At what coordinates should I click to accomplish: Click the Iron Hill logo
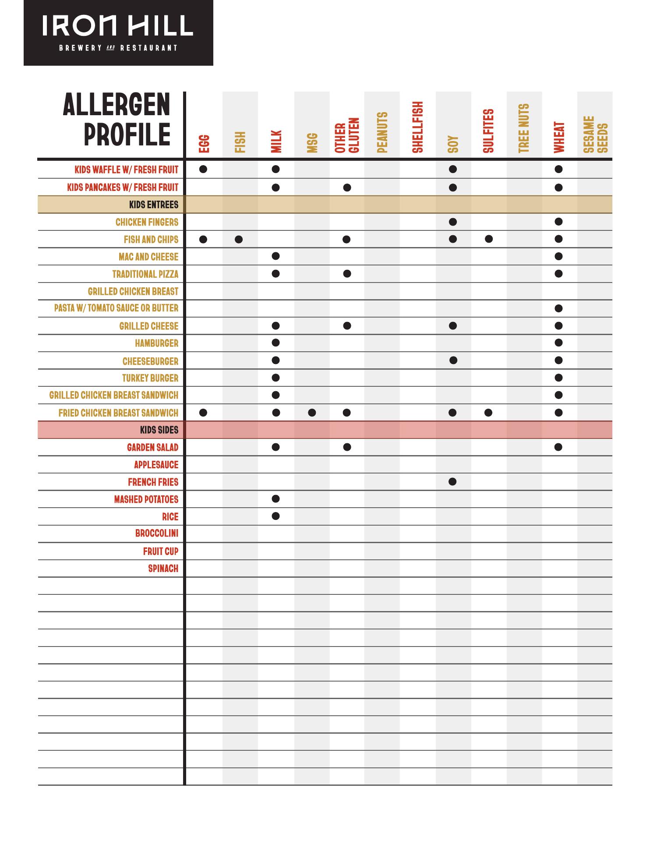click(118, 32)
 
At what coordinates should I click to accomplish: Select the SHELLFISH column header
click(418, 127)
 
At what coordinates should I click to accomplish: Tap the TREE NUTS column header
click(524, 129)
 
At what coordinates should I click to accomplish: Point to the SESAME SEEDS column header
click(595, 134)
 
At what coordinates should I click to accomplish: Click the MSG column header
click(312, 143)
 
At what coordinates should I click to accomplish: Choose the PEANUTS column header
click(382, 133)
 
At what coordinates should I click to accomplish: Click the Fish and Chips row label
click(151, 240)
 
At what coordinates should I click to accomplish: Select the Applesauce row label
click(156, 465)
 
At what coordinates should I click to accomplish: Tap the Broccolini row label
click(157, 534)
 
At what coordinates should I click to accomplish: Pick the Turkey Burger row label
click(150, 378)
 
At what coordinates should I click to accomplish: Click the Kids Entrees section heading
click(154, 205)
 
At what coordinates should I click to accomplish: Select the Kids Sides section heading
click(159, 430)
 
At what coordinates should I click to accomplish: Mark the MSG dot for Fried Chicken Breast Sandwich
click(312, 413)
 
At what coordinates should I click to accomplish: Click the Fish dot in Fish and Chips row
click(239, 240)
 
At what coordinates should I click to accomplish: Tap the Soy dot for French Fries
click(453, 482)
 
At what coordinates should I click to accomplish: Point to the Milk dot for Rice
click(276, 516)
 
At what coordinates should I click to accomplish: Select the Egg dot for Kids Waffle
click(203, 169)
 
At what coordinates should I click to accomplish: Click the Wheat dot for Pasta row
click(558, 308)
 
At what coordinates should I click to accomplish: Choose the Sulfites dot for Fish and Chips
click(489, 239)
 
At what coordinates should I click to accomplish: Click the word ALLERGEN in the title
click(117, 105)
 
